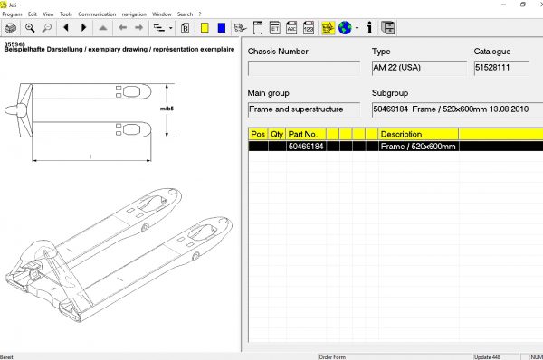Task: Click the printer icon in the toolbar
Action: pos(12,28)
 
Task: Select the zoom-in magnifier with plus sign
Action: pos(31,28)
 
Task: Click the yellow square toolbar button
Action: pos(205,28)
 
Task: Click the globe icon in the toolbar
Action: pos(345,28)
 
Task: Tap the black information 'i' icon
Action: pos(369,28)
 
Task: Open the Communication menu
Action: pos(97,14)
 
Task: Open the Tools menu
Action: pos(66,14)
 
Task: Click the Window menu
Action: pos(162,14)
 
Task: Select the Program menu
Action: pos(13,14)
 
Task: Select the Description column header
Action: pos(401,134)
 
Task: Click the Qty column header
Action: pos(276,134)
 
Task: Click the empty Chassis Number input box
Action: pos(305,68)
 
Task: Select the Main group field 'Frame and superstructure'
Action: pos(305,109)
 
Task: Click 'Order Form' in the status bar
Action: pos(333,356)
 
